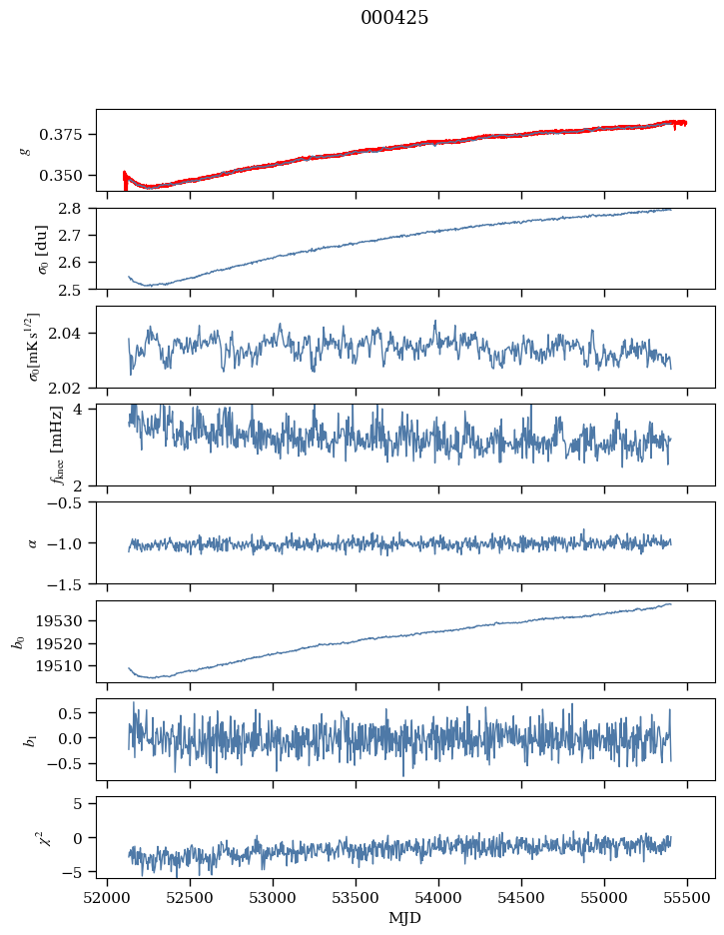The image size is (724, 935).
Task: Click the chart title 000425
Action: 394,19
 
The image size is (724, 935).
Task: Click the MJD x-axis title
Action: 405,917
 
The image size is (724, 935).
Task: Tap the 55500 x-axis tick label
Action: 686,898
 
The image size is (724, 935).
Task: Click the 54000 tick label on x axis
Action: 438,898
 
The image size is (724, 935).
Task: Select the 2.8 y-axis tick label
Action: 77,208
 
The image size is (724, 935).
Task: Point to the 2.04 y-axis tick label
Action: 73,333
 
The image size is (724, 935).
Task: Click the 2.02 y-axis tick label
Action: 73,387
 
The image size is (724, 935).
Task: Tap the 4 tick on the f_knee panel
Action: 84,410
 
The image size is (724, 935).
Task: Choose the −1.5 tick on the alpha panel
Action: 71,583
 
